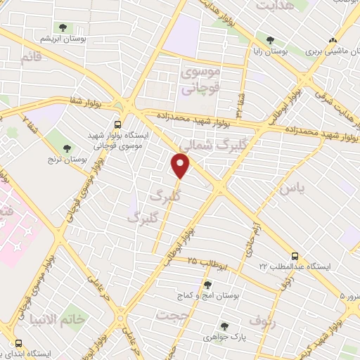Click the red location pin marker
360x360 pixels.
pos(181,165)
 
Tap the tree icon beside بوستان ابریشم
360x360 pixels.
pos(64,27)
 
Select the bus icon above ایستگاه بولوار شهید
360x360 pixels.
pos(126,118)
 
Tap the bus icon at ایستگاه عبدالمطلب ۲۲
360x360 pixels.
pos(295,256)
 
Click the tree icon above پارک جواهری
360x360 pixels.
pos(224,326)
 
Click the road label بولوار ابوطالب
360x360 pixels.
pos(180,243)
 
